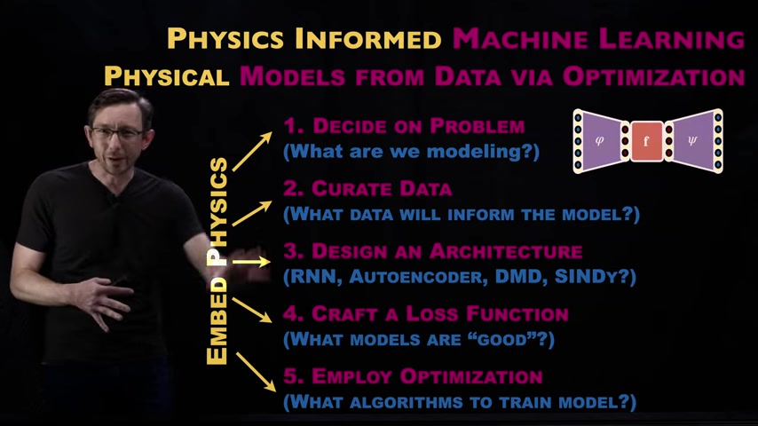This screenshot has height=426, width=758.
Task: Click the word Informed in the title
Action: click(367, 38)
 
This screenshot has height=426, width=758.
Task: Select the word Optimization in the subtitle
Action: click(653, 76)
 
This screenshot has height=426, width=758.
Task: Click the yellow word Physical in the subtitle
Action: click(166, 76)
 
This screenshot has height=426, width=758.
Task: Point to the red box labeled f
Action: click(646, 141)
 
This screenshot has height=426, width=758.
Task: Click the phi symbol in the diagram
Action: click(599, 141)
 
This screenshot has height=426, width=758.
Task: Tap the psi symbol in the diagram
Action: click(692, 141)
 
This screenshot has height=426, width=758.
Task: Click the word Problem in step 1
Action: click(478, 126)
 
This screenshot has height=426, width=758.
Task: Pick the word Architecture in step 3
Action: click(506, 251)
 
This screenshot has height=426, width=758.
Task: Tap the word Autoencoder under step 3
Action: click(415, 276)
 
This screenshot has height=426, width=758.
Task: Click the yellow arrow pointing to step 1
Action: click(252, 152)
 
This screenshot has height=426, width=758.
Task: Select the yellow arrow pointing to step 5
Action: click(256, 372)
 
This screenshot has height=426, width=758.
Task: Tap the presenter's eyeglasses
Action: click(116, 133)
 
